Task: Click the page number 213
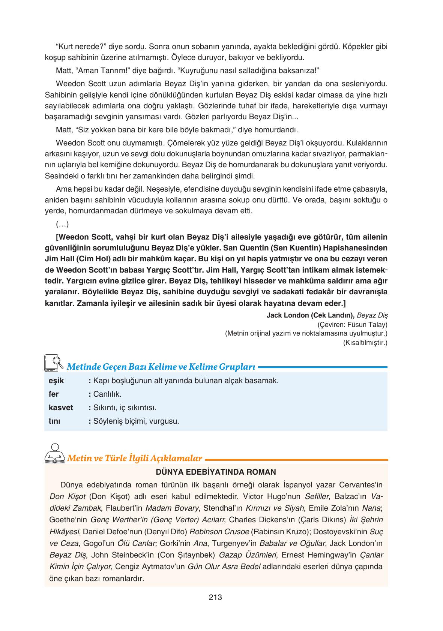point(215,597)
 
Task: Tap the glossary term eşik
point(56,381)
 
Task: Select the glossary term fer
point(54,394)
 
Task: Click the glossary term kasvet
point(61,408)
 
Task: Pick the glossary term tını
point(54,421)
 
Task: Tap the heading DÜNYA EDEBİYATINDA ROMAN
point(216,472)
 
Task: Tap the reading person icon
point(55,453)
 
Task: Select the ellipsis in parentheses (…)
point(62,224)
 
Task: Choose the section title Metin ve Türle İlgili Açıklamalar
point(134,458)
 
